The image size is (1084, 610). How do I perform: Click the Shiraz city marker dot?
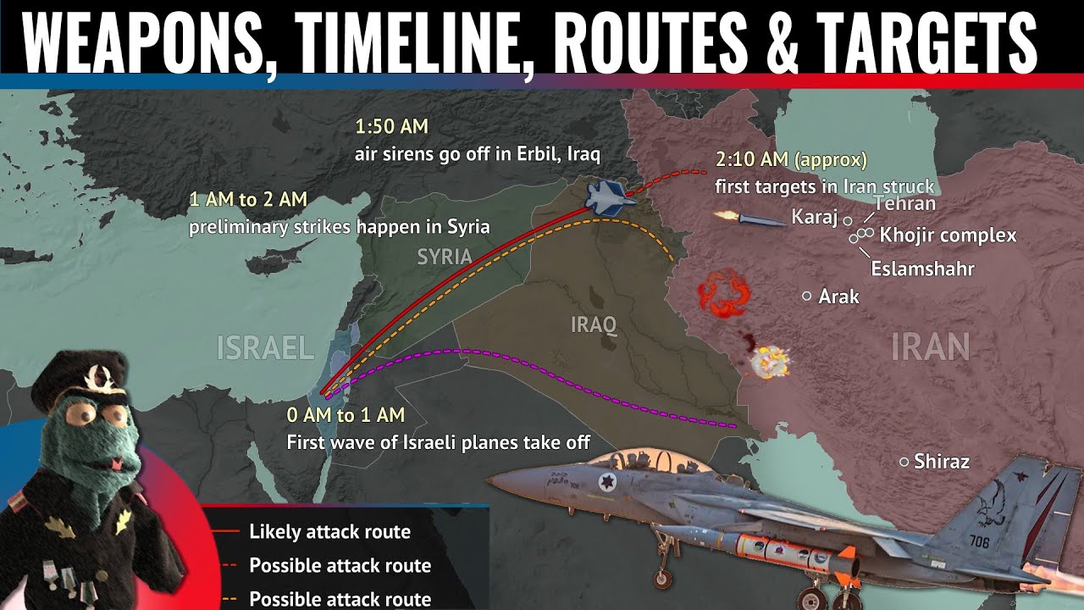904,462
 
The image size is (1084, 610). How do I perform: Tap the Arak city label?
839,297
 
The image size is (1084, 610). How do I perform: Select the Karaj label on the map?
813,218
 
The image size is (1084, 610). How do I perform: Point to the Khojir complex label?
948,236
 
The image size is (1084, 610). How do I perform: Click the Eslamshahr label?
922,269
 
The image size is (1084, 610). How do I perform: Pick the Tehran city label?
904,203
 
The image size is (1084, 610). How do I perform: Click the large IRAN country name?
930,347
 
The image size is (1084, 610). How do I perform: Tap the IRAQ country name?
593,324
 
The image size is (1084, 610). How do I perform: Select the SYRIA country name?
444,256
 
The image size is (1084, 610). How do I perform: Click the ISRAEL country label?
266,347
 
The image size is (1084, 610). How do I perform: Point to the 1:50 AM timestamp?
391,128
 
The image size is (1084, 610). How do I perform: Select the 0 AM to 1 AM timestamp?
346,415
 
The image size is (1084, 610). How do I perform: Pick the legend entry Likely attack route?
329,532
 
